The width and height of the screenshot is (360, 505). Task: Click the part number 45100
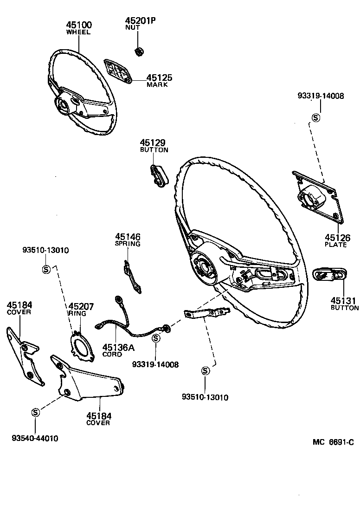pos(78,25)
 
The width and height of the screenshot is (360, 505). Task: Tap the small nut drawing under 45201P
pos(138,51)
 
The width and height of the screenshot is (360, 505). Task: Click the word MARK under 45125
pos(157,85)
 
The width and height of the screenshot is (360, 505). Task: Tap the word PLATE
pos(336,245)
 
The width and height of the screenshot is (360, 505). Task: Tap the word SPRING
pos(127,244)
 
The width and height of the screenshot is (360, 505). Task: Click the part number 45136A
pos(118,347)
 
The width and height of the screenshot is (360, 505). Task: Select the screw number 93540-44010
pos(35,438)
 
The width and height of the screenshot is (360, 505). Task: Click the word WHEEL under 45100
pos(78,32)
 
